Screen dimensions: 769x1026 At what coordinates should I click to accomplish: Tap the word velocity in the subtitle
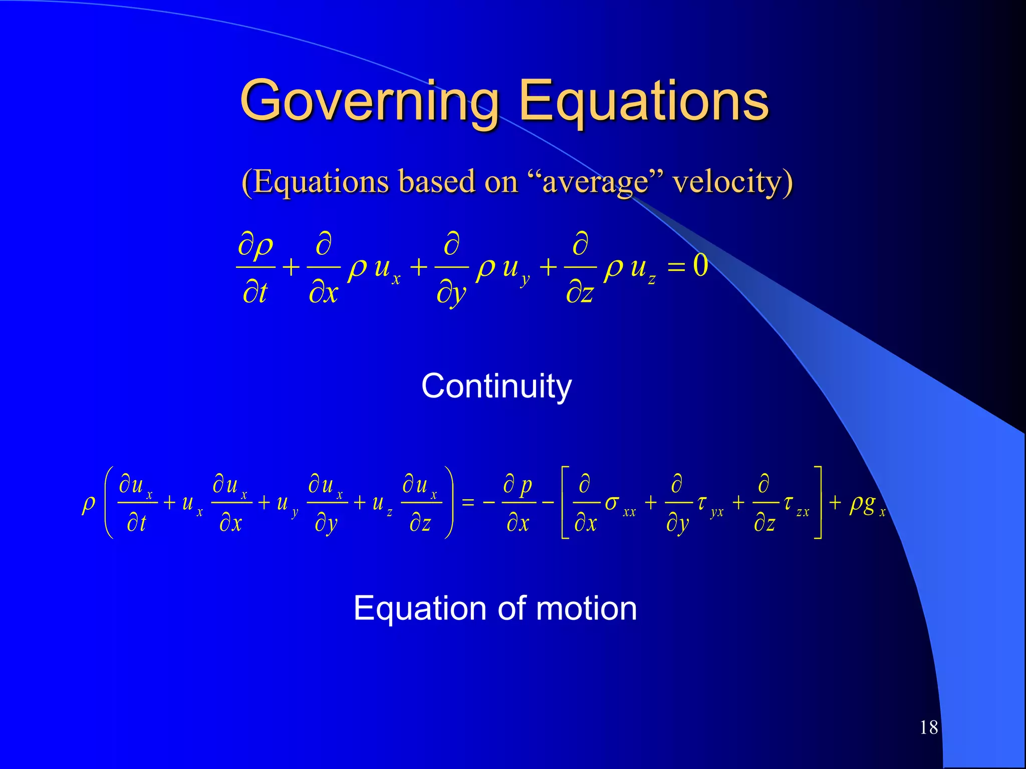click(732, 181)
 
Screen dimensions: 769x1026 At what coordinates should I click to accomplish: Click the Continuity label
click(496, 386)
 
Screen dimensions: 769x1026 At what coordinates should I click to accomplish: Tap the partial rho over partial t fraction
click(255, 268)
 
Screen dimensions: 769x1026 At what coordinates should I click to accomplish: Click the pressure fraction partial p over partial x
click(518, 503)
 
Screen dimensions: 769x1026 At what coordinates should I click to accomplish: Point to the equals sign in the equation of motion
click(467, 503)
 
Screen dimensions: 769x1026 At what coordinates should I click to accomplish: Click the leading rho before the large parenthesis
click(89, 504)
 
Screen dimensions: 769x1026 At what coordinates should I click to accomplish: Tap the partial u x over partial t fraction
click(136, 503)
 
